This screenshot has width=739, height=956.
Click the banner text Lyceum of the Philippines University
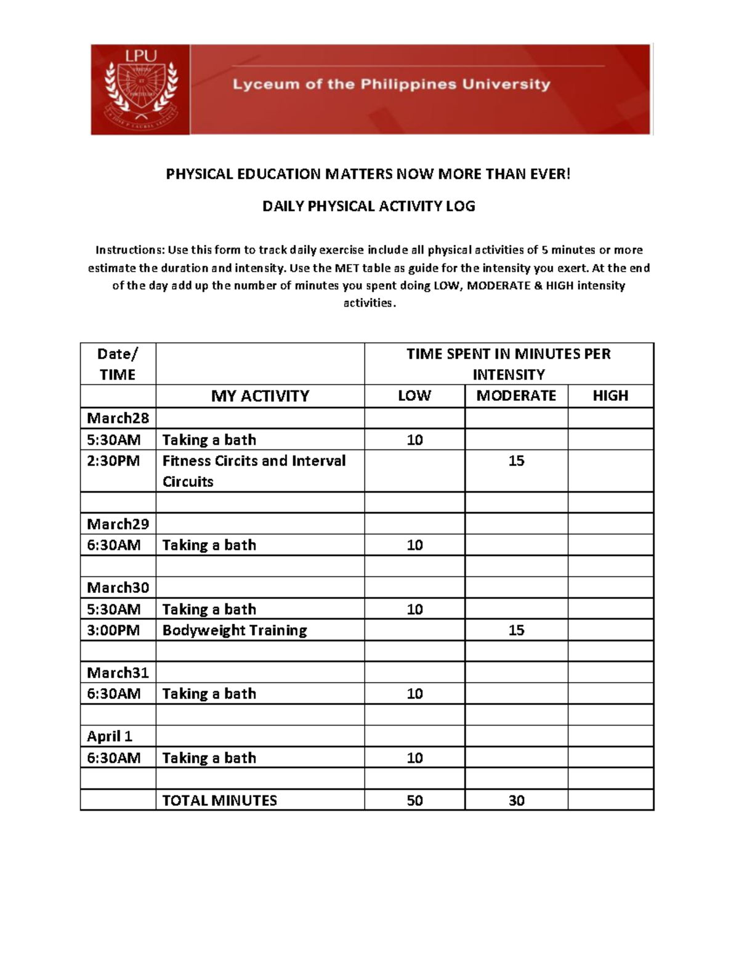[391, 84]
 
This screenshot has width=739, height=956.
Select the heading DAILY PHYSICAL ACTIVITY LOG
[368, 206]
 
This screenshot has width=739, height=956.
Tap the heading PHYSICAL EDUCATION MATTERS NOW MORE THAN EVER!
[368, 174]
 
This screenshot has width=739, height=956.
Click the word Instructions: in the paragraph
[130, 250]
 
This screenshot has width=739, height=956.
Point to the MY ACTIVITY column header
[260, 396]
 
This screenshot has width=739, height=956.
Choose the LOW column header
[414, 396]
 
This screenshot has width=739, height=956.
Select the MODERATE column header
[516, 396]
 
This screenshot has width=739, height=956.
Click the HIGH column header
[610, 396]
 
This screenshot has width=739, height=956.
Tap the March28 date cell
[118, 419]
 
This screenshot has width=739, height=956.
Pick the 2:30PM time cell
[113, 461]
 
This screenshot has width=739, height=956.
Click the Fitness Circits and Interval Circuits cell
[254, 471]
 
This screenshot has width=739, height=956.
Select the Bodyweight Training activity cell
[235, 630]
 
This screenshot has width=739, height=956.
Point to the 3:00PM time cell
[113, 630]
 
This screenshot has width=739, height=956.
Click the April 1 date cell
[110, 736]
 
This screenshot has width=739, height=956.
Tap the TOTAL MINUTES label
[219, 800]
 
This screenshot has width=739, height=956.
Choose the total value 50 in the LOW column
[414, 800]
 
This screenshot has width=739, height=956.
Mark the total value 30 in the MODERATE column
[516, 800]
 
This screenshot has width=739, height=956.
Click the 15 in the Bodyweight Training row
[516, 630]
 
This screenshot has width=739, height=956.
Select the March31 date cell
[118, 673]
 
